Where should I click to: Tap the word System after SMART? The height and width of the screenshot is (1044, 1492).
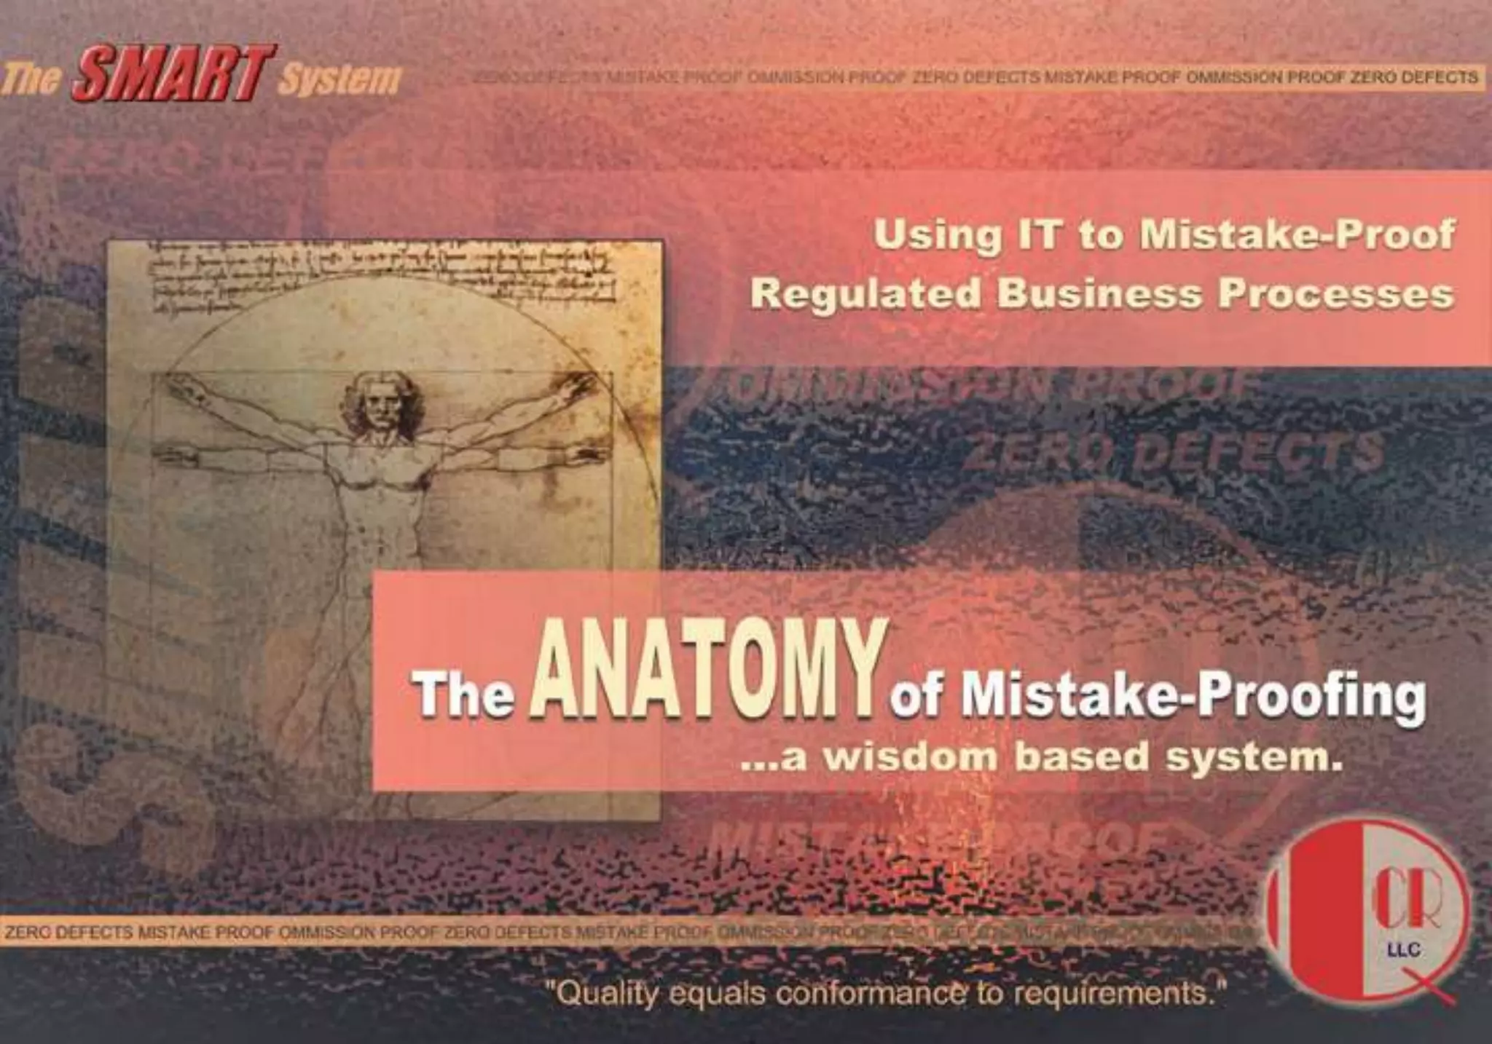pos(339,79)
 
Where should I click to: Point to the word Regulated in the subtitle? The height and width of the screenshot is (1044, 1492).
pos(865,295)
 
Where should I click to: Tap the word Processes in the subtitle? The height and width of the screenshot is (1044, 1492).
pos(1337,295)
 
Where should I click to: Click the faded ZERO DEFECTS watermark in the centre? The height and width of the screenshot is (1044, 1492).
pos(1173,451)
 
